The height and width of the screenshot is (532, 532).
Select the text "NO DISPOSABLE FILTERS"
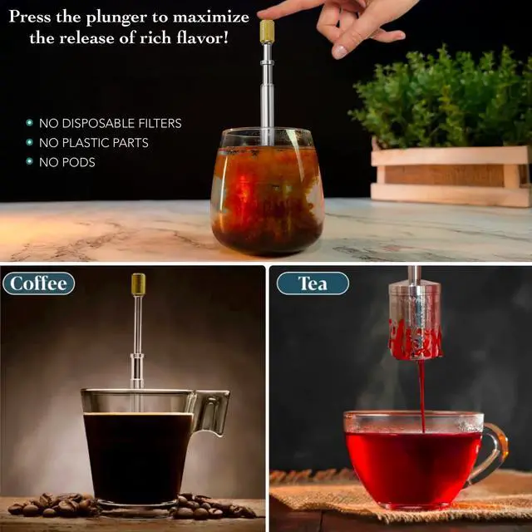coord(110,123)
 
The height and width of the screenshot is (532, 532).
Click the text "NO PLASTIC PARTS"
coord(94,143)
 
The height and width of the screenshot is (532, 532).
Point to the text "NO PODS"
coord(67,162)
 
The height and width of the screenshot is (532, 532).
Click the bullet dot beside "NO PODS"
coord(30,162)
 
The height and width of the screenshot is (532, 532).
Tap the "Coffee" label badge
coord(38,283)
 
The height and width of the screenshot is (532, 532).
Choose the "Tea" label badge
coord(313,283)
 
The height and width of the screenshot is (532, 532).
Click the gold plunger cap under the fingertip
coord(267,32)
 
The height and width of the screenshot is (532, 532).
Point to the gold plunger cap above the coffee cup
coord(138,284)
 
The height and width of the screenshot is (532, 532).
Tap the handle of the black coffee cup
coord(212,411)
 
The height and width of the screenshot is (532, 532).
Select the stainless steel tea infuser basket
coord(415,320)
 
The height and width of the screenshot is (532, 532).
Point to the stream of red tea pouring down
coord(421,395)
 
